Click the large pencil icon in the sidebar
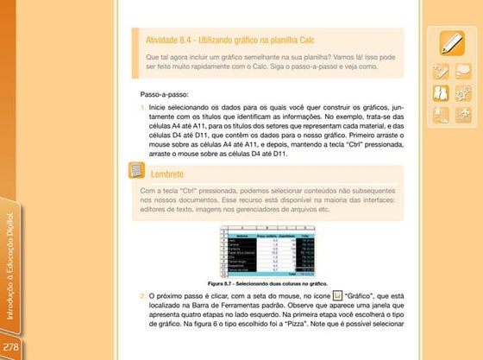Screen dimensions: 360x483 [451, 42]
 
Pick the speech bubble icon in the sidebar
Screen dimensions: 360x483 [463, 112]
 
